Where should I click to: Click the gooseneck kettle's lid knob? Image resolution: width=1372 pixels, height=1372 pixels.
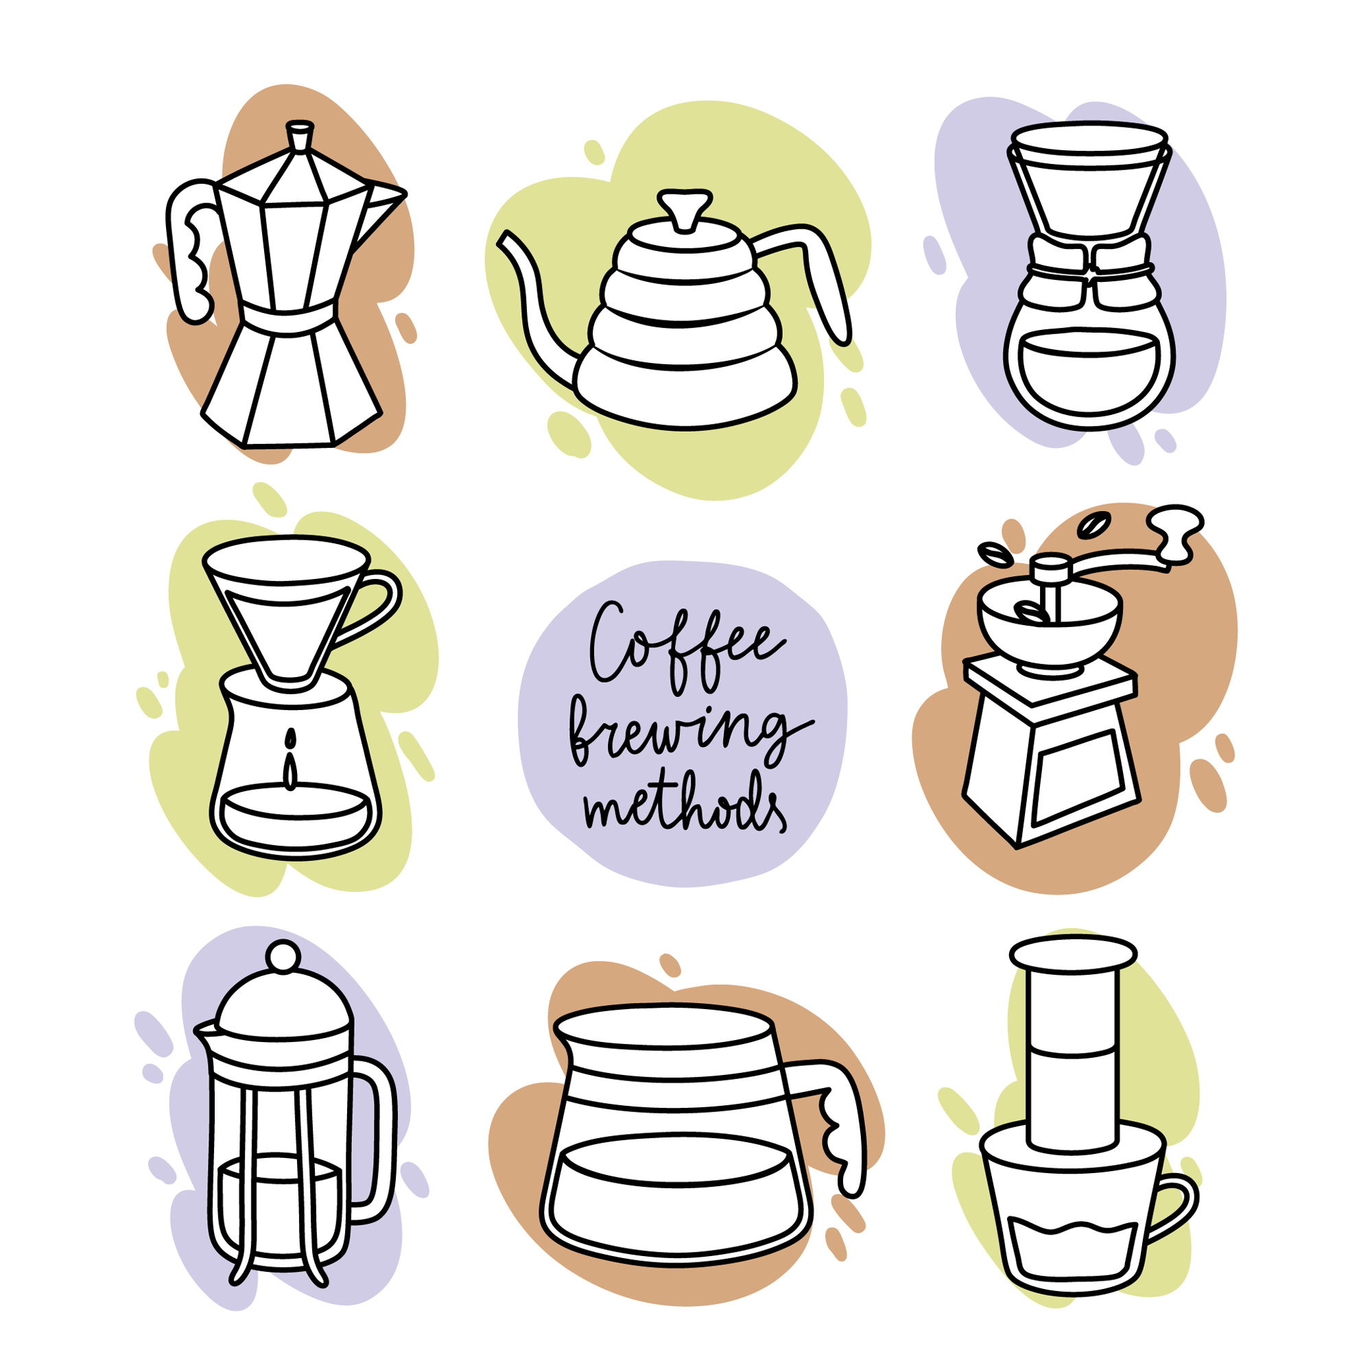pyautogui.click(x=685, y=206)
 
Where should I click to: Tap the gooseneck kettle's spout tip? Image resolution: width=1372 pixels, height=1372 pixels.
pyautogui.click(x=505, y=240)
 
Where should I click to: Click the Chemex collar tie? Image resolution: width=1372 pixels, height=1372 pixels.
pyautogui.click(x=1089, y=265)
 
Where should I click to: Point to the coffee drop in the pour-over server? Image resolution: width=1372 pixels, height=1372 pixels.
pyautogui.click(x=289, y=761)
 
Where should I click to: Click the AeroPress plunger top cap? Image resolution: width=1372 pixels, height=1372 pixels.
pyautogui.click(x=1072, y=954)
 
